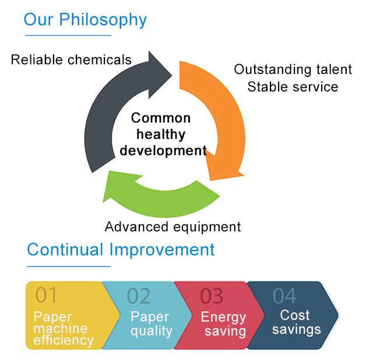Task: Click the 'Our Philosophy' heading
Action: [85, 20]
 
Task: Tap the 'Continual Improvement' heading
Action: [121, 250]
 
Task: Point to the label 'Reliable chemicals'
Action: [71, 60]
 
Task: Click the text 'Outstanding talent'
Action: [293, 69]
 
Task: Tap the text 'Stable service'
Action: [293, 87]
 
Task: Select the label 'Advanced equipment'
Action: [173, 227]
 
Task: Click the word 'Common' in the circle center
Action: [161, 118]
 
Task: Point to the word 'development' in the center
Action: [163, 151]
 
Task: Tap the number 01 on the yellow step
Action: [46, 295]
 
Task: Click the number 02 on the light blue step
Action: [139, 296]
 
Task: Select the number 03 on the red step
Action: [212, 296]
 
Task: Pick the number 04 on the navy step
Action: [284, 296]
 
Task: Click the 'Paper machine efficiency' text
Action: [64, 329]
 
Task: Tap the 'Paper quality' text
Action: [152, 324]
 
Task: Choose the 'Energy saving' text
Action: [223, 324]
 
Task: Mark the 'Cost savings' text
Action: [297, 323]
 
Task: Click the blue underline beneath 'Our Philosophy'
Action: [68, 36]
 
